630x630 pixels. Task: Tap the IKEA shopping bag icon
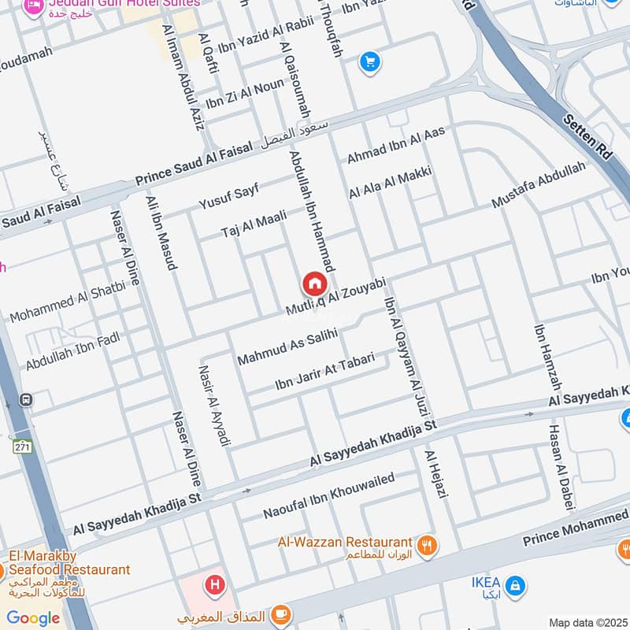coord(514,585)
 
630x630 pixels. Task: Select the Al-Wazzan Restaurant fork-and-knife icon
coord(427,544)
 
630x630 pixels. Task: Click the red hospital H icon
coord(213,585)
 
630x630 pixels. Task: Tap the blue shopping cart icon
coord(369,61)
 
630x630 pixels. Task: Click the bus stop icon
coord(27,400)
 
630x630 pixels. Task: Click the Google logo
coord(32,618)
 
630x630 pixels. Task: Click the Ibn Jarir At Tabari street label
coord(324,372)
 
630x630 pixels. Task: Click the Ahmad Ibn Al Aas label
coord(396,146)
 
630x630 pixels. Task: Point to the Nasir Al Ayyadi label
coord(214,406)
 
